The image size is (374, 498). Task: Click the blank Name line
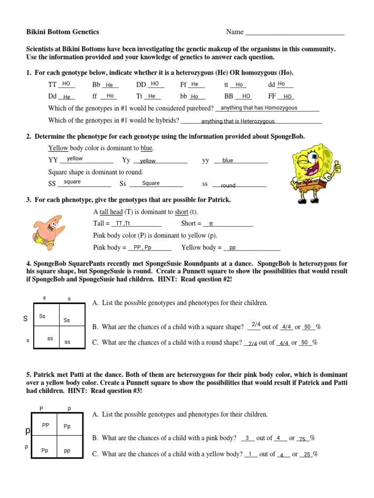tap(295, 33)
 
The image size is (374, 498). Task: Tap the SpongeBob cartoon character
tap(314, 170)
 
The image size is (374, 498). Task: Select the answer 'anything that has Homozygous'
tap(259, 108)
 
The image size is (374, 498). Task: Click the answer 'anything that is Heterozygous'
tap(238, 121)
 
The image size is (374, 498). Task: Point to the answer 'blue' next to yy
tap(228, 160)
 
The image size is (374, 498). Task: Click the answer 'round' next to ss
tap(228, 185)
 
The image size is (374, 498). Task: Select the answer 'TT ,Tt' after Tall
tap(120, 223)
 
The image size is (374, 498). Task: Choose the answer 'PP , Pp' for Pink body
tap(142, 247)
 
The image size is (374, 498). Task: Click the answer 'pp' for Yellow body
tap(233, 248)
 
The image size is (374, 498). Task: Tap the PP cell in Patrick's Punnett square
tap(46, 425)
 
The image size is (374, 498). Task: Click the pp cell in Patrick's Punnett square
tap(67, 451)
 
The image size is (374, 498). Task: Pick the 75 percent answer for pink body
tap(302, 439)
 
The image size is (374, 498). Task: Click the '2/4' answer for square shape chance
tap(256, 324)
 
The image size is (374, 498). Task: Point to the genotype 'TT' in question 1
tap(53, 85)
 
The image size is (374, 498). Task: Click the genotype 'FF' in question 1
tap(272, 96)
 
